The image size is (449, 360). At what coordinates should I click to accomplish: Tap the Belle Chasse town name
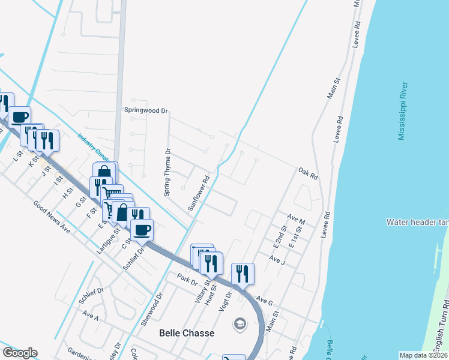click(186, 333)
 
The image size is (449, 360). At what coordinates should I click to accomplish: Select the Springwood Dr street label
click(146, 110)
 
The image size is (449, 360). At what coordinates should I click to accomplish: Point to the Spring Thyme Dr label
click(167, 172)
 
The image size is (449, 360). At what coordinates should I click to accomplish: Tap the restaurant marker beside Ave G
click(243, 274)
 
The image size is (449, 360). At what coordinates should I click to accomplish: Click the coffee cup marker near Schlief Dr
click(142, 230)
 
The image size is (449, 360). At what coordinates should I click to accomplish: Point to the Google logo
click(20, 353)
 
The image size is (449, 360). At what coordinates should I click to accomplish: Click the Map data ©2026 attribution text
click(423, 355)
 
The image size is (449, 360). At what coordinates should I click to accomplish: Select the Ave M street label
click(296, 219)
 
